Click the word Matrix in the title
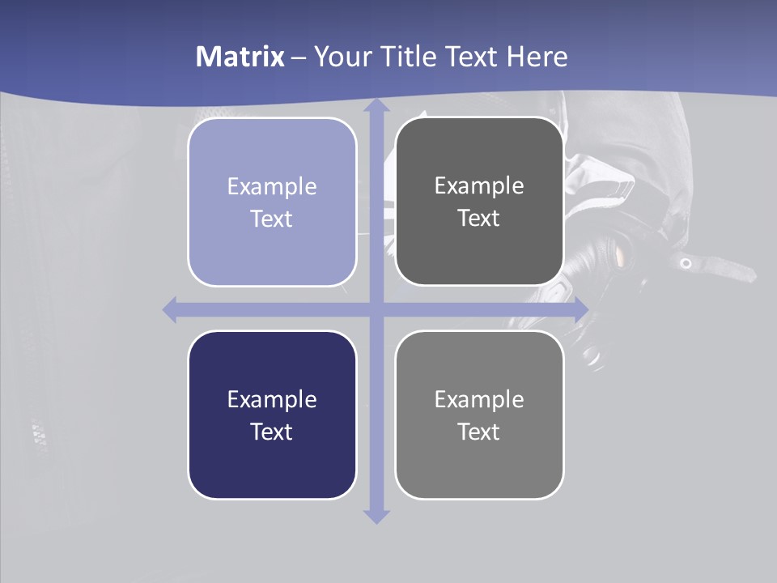pyautogui.click(x=240, y=57)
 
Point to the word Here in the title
pyautogui.click(x=537, y=57)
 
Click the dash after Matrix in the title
pyautogui.click(x=299, y=57)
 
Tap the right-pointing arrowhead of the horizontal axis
pyautogui.click(x=580, y=309)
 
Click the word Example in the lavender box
pyautogui.click(x=272, y=186)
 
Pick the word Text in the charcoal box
pyautogui.click(x=479, y=219)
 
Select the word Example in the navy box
pyautogui.click(x=272, y=399)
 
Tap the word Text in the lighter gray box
pyautogui.click(x=479, y=432)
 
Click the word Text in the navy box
pyautogui.click(x=272, y=432)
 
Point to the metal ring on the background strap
pyautogui.click(x=686, y=263)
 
